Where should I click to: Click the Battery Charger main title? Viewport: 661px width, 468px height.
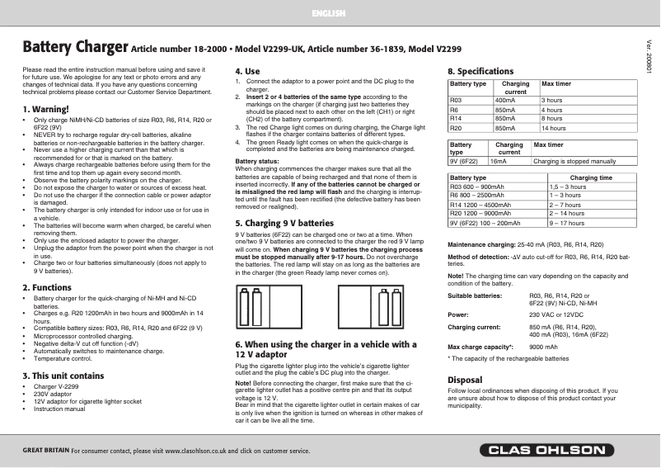[x=74, y=47]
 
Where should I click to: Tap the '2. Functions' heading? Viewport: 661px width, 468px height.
[x=48, y=287]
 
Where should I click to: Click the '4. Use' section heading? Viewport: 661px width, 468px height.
[x=247, y=72]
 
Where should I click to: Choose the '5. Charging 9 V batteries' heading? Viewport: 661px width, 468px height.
[x=284, y=223]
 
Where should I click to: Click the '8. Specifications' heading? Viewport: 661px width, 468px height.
[x=481, y=72]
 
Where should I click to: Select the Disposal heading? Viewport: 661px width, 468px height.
[x=464, y=380]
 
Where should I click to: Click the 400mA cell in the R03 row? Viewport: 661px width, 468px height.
[x=505, y=100]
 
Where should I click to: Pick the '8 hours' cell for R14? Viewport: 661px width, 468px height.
[x=551, y=119]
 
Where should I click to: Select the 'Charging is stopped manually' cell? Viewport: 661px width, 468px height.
[x=574, y=162]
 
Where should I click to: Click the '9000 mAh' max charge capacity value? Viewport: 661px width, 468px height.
[x=542, y=347]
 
